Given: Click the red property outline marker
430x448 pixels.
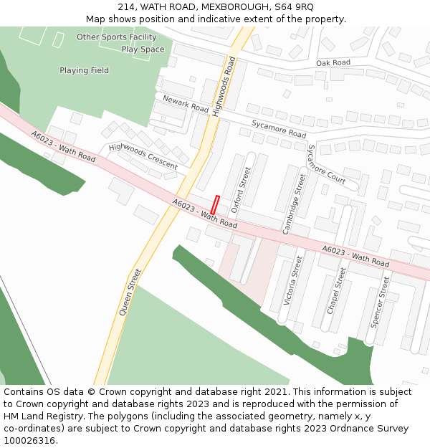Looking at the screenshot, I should pyautogui.click(x=214, y=204).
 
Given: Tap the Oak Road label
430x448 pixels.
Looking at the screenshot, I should pyautogui.click(x=333, y=63).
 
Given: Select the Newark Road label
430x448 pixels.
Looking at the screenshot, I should pyautogui.click(x=185, y=105).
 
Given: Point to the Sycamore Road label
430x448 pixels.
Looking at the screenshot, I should pyautogui.click(x=278, y=129).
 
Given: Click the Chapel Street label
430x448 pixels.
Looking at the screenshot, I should pyautogui.click(x=336, y=290).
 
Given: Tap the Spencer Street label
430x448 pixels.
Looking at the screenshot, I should pyautogui.click(x=379, y=302).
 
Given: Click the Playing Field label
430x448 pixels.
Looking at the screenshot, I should pyautogui.click(x=84, y=70).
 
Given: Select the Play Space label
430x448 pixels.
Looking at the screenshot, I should pyautogui.click(x=143, y=49).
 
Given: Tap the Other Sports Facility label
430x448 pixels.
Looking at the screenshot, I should pyautogui.click(x=116, y=37).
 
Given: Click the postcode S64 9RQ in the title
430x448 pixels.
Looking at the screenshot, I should pyautogui.click(x=293, y=6).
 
